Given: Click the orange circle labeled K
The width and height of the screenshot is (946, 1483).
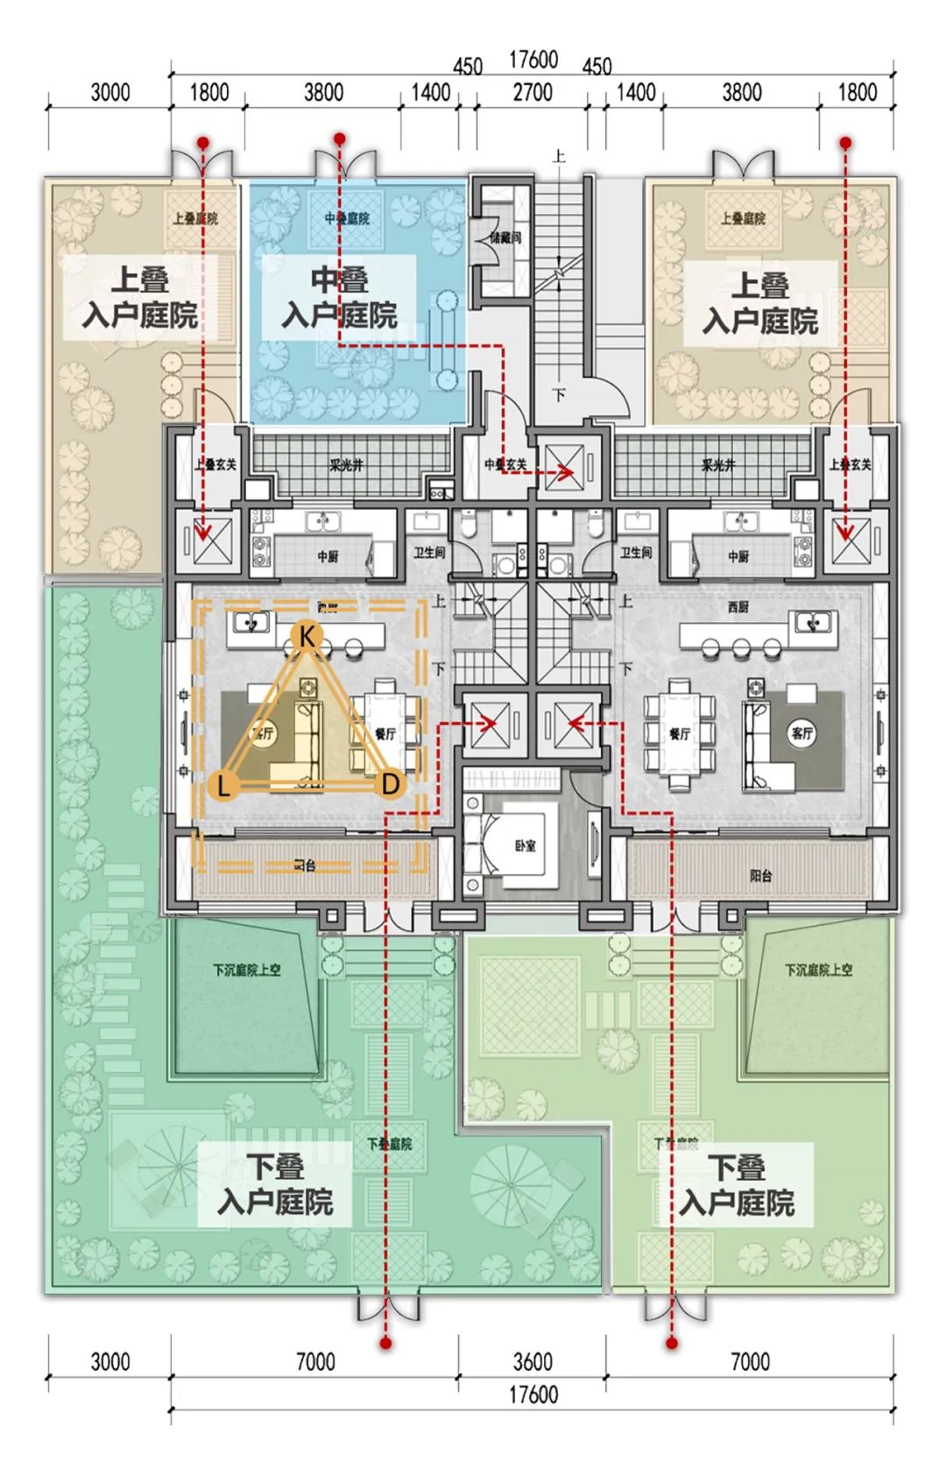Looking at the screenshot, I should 307,636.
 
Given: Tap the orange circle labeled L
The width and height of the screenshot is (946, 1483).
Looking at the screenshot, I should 224,785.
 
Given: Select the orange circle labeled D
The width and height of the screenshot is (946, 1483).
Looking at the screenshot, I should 391,783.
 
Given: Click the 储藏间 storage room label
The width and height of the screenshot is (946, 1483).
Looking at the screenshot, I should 505,237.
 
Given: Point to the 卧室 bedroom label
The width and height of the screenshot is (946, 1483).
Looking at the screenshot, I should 526,846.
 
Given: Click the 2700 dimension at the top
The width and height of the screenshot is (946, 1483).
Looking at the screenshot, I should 533,93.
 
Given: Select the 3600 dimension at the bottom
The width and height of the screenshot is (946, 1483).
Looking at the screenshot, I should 533,1361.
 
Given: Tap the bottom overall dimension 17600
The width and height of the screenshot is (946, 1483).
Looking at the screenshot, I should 533,1394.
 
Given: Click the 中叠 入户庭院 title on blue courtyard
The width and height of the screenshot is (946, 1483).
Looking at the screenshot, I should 340,298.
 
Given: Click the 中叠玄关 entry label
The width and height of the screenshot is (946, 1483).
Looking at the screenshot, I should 505,465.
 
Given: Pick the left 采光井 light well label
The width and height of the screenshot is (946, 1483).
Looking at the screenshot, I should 346,465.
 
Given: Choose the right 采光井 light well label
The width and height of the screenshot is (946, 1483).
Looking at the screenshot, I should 718,465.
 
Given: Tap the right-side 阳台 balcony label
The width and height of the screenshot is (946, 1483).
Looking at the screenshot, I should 760,875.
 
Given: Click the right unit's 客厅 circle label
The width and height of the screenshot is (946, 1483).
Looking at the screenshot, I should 801,733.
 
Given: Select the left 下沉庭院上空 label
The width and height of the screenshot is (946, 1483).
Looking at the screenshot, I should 246,971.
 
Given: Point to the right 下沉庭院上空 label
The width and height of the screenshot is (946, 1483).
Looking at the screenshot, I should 818,971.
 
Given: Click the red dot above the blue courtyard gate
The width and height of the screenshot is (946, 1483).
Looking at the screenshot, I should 340,138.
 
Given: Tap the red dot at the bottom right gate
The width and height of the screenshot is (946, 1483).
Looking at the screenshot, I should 672,1343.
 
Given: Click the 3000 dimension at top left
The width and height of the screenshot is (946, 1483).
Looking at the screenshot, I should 110,93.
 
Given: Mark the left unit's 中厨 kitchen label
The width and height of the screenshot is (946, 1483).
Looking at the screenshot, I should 328,556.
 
